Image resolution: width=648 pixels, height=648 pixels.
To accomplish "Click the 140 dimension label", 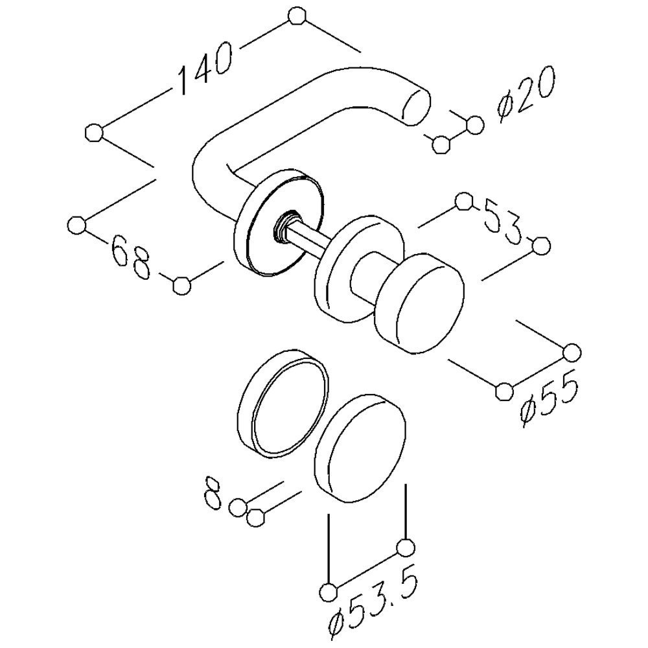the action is [205, 68].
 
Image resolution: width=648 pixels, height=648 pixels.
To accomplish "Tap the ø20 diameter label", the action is [526, 95].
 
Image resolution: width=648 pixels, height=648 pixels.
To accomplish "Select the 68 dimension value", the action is [131, 257].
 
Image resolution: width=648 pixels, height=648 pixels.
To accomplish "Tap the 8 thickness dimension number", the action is [213, 494].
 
